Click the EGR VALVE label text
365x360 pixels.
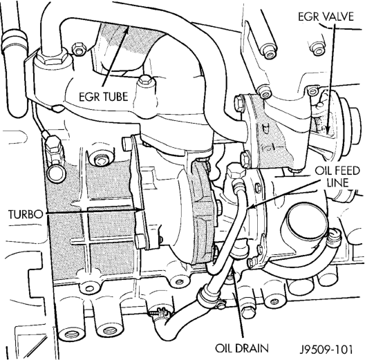coord(326,17)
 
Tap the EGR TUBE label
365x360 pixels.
coord(104,97)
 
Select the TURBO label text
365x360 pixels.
coord(26,214)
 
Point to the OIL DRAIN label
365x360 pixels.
coord(242,348)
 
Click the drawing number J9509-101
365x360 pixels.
coord(326,350)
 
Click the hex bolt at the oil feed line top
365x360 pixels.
coord(236,172)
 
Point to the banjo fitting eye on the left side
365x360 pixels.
coord(56,173)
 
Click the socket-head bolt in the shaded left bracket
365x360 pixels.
coord(100,160)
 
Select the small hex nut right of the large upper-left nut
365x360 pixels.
coord(79,49)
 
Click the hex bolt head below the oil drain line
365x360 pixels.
coord(248,312)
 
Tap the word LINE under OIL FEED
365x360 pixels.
coord(337,183)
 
